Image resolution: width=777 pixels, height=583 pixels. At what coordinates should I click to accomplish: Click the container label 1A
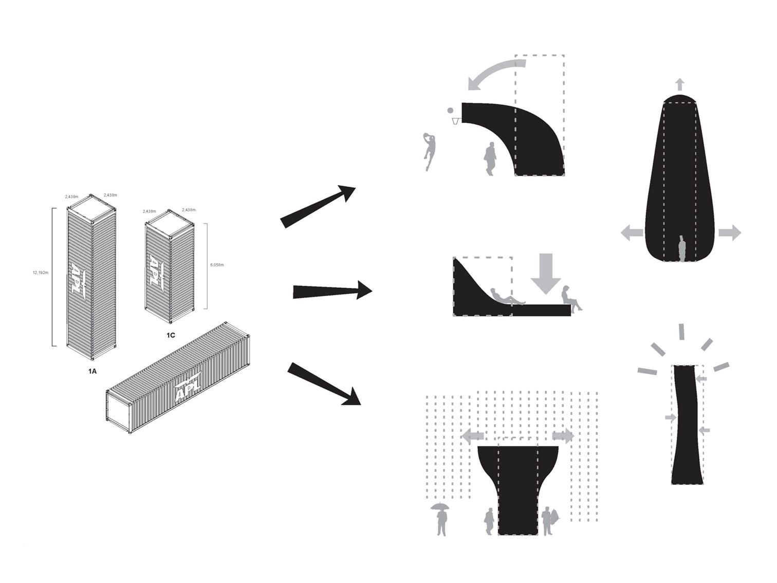coord(91,371)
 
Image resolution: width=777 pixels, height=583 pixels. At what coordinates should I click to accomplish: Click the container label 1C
coord(171,335)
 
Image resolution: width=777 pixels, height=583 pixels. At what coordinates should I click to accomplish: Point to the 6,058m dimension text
coord(217,265)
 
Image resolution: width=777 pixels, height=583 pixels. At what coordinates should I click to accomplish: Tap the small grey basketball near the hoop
coord(451,110)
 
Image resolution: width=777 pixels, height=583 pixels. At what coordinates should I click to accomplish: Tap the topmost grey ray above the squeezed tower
coord(682,332)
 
